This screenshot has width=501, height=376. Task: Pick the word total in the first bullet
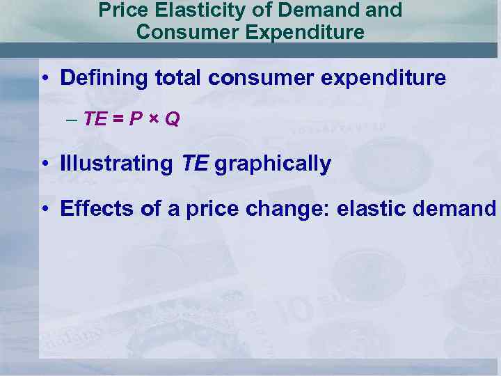(x=177, y=78)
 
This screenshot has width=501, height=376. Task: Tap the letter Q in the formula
(x=173, y=120)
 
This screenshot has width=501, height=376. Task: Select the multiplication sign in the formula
(x=155, y=120)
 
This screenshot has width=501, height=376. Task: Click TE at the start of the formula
(x=95, y=120)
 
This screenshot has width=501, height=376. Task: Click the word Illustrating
(x=116, y=164)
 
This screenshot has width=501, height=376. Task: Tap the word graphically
(x=273, y=164)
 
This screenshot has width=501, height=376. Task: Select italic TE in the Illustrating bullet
(x=194, y=164)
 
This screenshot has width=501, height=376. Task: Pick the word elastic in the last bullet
(x=365, y=208)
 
